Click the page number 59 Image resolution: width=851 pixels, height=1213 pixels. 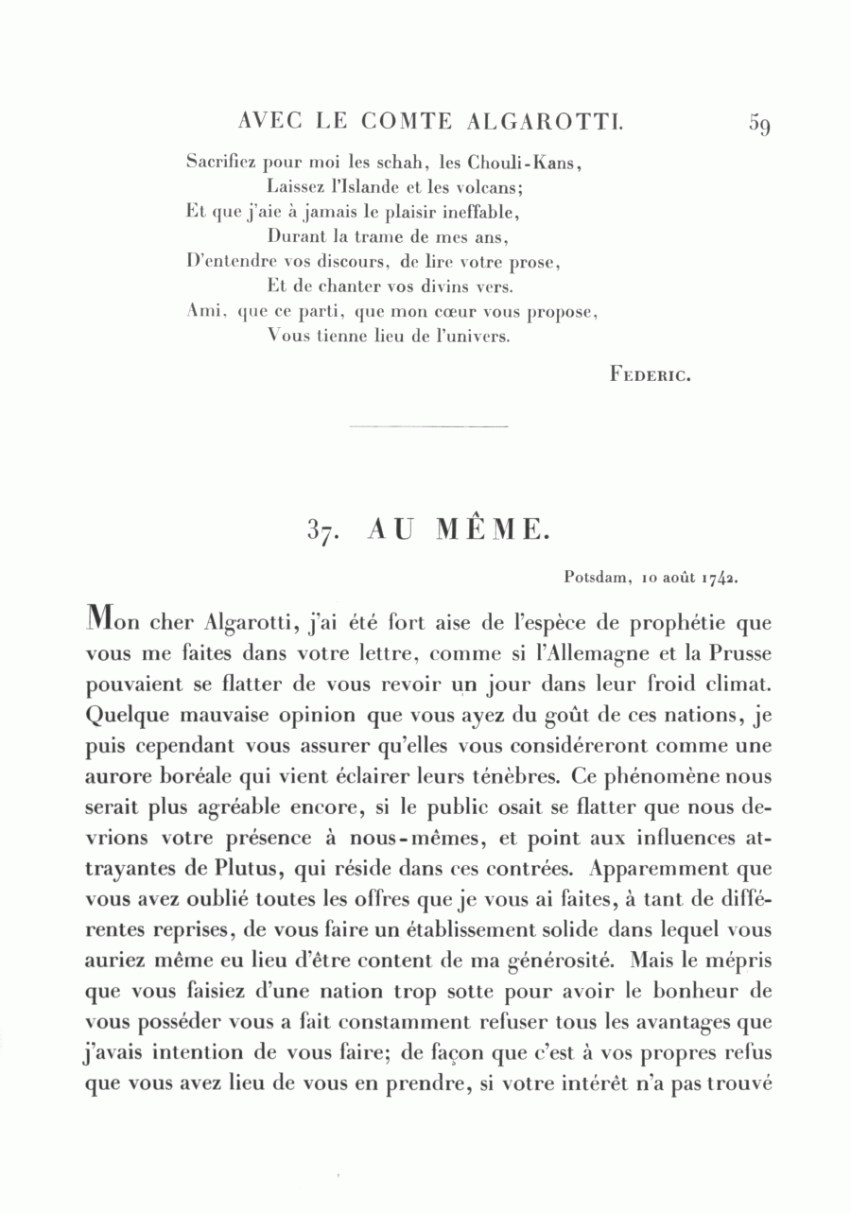(x=762, y=124)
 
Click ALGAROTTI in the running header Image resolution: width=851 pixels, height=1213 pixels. (x=544, y=122)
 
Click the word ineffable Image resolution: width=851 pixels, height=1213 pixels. (x=477, y=211)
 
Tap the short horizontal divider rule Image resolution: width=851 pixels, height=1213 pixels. (x=428, y=427)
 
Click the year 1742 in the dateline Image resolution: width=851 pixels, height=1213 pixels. (x=718, y=576)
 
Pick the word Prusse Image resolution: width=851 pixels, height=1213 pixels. (x=738, y=652)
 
